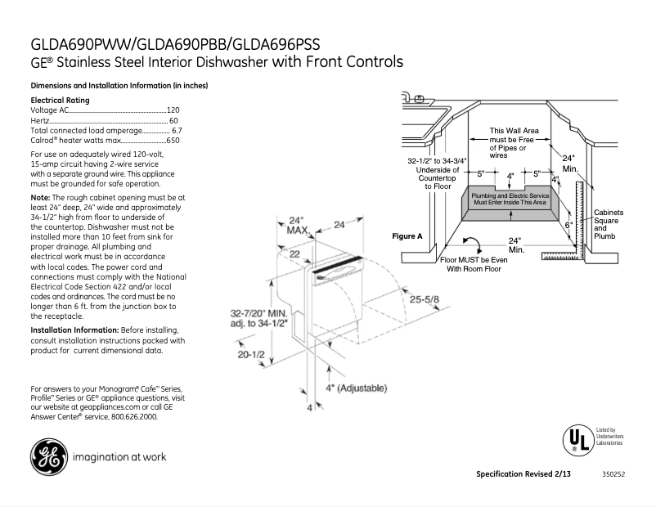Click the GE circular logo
point(48,457)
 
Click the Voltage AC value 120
point(173,110)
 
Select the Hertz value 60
point(173,120)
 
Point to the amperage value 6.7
point(176,130)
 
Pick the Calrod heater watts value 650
point(173,141)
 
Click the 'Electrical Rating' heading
point(60,100)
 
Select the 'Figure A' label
point(407,236)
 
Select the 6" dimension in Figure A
point(568,224)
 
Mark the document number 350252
point(613,475)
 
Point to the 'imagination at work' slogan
point(119,457)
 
